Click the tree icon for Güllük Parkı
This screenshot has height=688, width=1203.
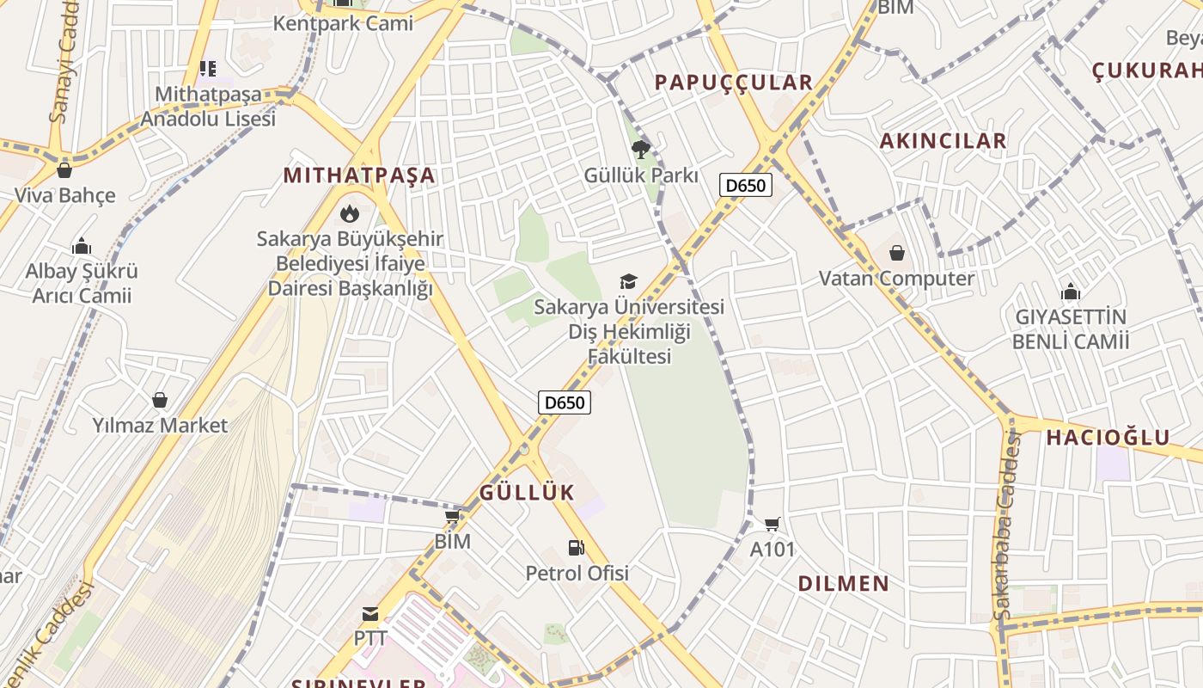(640, 150)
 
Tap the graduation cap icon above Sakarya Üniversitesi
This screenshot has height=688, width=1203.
(629, 282)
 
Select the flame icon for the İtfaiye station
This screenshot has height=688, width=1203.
(349, 213)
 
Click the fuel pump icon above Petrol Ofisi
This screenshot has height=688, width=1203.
(576, 547)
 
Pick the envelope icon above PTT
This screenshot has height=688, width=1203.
(370, 614)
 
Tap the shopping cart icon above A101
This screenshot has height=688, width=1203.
(772, 524)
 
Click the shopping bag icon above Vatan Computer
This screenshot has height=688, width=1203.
(896, 253)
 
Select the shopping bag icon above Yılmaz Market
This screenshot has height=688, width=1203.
(160, 399)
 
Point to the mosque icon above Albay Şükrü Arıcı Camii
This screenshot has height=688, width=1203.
(82, 246)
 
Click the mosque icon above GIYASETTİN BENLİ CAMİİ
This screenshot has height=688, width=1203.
(1070, 291)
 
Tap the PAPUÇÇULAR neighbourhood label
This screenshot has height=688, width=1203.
(733, 83)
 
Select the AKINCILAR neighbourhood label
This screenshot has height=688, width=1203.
(943, 141)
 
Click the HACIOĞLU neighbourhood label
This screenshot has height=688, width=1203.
(1108, 438)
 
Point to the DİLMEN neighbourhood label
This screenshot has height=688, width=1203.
(844, 584)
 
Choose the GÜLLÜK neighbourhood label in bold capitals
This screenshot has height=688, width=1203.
(526, 493)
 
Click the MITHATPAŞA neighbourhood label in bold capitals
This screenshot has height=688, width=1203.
(359, 176)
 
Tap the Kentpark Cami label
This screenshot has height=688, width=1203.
(343, 23)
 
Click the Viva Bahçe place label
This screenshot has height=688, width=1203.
(64, 195)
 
